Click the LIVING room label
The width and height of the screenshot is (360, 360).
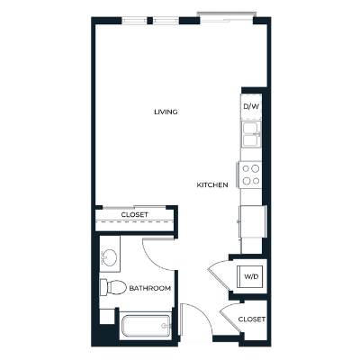[x=165, y=112]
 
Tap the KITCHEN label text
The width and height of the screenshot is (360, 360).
[x=212, y=185]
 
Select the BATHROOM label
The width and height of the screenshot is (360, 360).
[x=149, y=288]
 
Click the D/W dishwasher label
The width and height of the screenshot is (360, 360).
[x=252, y=106]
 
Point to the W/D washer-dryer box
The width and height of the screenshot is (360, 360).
[x=250, y=276]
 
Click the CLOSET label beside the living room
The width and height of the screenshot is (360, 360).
[x=135, y=215]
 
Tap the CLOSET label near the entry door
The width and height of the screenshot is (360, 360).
[x=252, y=319]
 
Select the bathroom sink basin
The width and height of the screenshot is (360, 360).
[x=109, y=256]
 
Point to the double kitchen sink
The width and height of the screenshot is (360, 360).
[x=251, y=135]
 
